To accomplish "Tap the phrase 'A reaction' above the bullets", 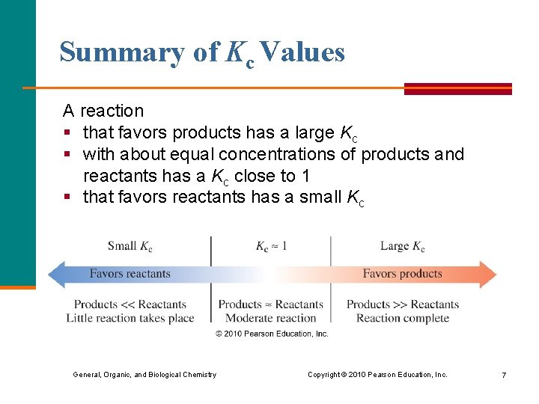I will pos(103,111).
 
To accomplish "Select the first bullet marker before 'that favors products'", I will pos(67,133).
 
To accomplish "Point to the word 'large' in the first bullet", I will pos(314,132).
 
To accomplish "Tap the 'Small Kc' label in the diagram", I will pos(130,246).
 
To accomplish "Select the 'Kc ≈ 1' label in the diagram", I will pos(271,246).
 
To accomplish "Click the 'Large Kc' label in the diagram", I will pos(402,246).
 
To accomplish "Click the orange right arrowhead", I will pos(487,274).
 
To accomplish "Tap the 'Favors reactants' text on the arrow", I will pos(130,274).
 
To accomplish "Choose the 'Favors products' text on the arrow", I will pos(402,274).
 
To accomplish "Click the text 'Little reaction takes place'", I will pos(130,318).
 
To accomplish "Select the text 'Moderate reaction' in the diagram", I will pos(270,318).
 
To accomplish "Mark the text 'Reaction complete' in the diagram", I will pos(403,318).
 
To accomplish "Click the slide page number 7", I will pos(504,375).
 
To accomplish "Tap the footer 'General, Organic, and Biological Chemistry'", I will pos(144,375).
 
